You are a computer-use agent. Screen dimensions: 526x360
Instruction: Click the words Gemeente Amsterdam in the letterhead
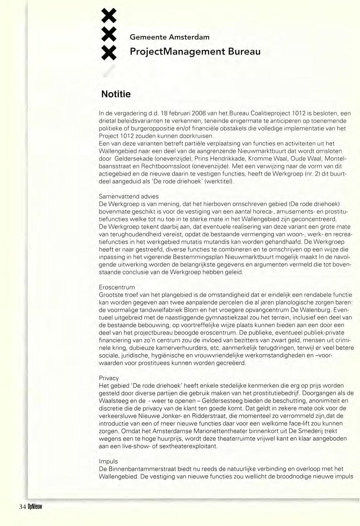pos(170,37)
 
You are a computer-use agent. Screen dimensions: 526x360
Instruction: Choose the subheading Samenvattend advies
pos(129,197)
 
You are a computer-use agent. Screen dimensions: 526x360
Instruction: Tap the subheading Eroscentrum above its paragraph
pos(117,287)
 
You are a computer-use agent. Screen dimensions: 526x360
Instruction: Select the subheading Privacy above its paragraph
pos(109,378)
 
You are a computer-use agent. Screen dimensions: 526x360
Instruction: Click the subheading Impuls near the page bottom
pos(108,461)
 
